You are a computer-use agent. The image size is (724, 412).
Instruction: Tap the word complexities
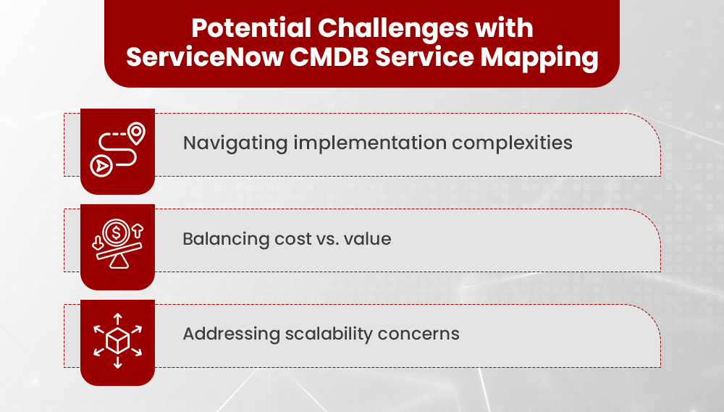point(513,143)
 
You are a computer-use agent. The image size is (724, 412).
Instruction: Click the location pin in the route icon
point(135,133)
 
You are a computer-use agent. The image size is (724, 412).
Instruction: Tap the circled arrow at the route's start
point(100,165)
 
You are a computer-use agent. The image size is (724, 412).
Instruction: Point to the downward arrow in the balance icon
point(97,241)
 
